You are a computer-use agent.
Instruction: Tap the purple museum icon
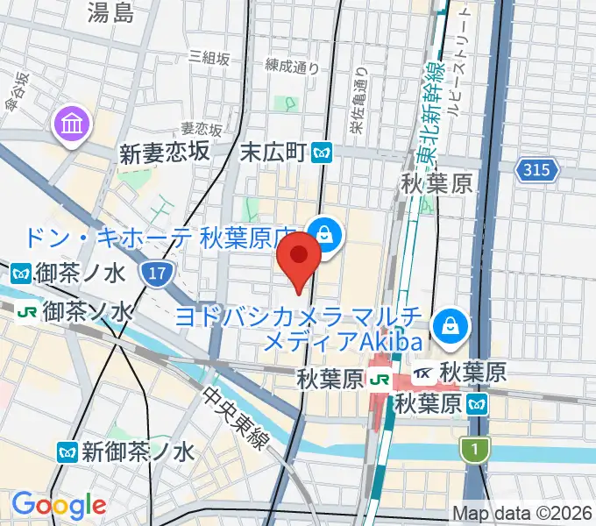pyautogui.click(x=69, y=124)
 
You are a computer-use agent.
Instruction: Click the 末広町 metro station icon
pyautogui.click(x=322, y=153)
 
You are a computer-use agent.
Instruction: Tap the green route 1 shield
pyautogui.click(x=473, y=450)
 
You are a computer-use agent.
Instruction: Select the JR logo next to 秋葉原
pyautogui.click(x=380, y=379)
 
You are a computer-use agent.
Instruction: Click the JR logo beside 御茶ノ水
pyautogui.click(x=26, y=312)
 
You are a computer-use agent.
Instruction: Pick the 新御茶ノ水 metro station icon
pyautogui.click(x=67, y=451)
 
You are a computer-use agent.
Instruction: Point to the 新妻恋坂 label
pyautogui.click(x=165, y=153)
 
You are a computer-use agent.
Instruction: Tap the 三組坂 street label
pyautogui.click(x=209, y=58)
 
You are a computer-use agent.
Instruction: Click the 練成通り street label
pyautogui.click(x=293, y=65)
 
